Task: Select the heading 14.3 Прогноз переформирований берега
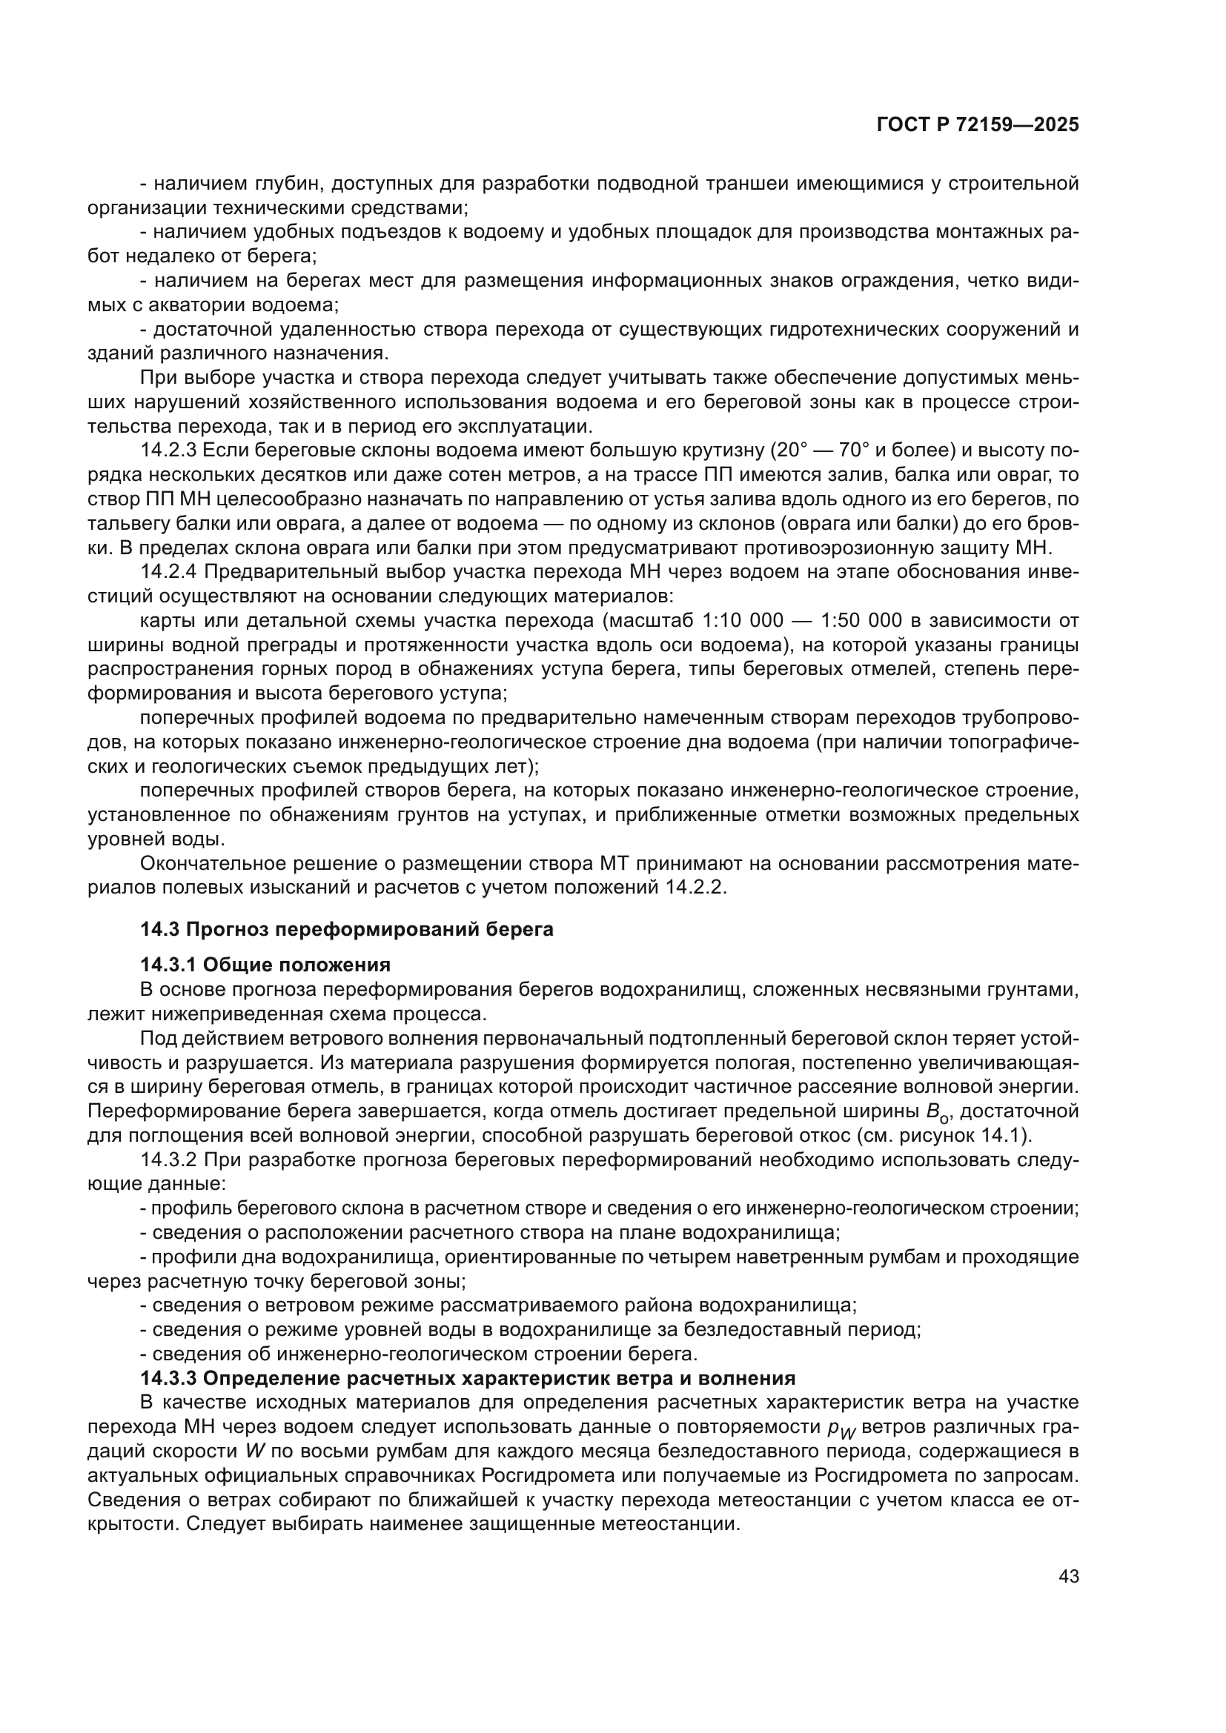(346, 929)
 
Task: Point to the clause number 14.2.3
(168, 450)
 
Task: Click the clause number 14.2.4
(168, 572)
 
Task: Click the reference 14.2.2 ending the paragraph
(695, 887)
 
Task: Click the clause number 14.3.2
(168, 1160)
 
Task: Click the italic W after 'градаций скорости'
(253, 1451)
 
